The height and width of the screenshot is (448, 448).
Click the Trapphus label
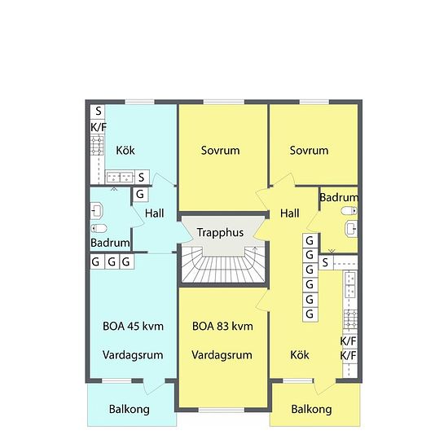click(220, 233)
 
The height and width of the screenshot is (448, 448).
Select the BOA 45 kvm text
click(133, 326)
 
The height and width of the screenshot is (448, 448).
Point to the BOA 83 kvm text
click(222, 326)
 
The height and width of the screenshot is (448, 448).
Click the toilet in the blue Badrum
click(99, 228)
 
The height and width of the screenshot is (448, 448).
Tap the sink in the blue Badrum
click(97, 211)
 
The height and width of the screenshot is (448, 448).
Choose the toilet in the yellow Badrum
click(349, 211)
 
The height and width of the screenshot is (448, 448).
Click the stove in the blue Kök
click(97, 146)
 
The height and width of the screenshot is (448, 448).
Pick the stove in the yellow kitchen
click(350, 320)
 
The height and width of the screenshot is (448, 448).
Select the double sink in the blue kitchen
click(120, 177)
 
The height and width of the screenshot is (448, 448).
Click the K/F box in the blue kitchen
click(98, 127)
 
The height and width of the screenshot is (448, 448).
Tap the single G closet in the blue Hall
click(140, 195)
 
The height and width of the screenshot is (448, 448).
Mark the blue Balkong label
click(130, 409)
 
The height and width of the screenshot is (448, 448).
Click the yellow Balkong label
click(311, 409)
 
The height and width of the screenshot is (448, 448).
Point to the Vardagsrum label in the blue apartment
click(133, 355)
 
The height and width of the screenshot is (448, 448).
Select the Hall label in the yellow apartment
click(290, 213)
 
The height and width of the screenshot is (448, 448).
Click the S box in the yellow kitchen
click(326, 262)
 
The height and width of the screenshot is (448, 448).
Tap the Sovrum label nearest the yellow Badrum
click(310, 151)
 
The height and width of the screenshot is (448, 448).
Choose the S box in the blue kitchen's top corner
click(98, 111)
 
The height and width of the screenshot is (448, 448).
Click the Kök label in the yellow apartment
click(300, 355)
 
